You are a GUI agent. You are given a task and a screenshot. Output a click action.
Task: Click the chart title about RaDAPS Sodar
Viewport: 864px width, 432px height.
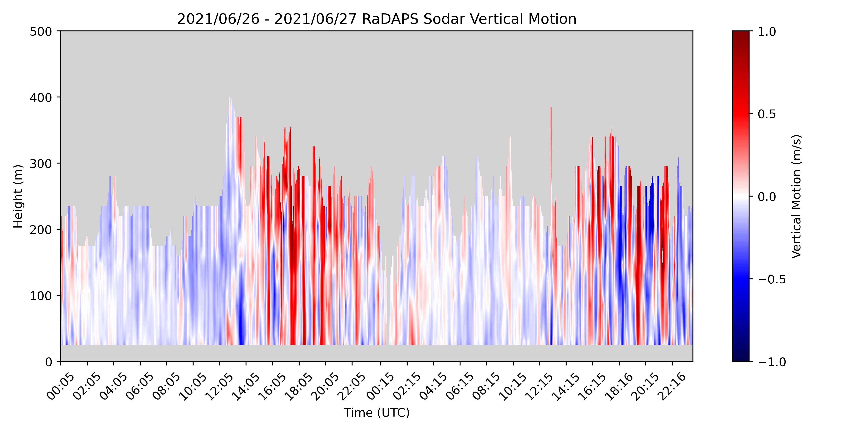pyautogui.click(x=377, y=19)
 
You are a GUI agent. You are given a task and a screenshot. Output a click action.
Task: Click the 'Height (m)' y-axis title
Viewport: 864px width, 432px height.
pyautogui.click(x=18, y=196)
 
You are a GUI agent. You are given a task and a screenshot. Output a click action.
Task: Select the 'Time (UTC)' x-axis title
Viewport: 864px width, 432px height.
pyautogui.click(x=377, y=413)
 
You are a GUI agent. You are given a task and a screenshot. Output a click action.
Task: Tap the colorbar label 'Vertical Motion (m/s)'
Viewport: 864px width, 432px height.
pyautogui.click(x=796, y=196)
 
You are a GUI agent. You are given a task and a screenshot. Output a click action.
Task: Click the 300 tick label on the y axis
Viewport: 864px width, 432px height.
pyautogui.click(x=41, y=164)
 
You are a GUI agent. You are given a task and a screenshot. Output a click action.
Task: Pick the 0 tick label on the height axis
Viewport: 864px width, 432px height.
pyautogui.click(x=49, y=362)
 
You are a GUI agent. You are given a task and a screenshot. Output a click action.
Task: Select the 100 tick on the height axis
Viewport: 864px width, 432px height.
pyautogui.click(x=41, y=296)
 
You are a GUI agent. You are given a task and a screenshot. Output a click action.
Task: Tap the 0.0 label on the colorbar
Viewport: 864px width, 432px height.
pyautogui.click(x=767, y=197)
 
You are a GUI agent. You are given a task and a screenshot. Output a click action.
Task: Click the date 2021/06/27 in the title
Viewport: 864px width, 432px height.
pyautogui.click(x=315, y=19)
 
